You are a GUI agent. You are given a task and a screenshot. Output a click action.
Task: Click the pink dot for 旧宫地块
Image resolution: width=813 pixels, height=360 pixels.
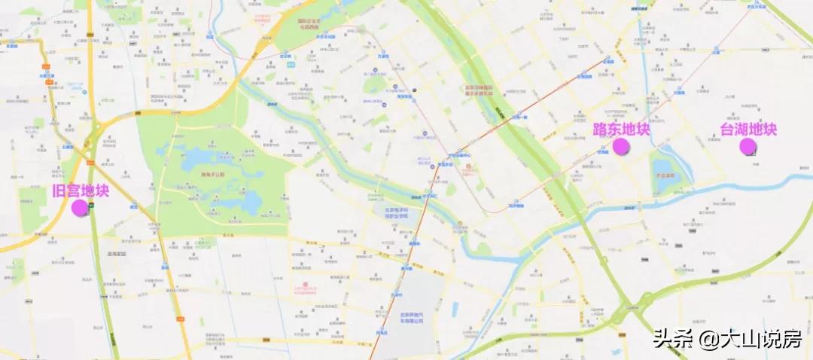(x=80, y=208)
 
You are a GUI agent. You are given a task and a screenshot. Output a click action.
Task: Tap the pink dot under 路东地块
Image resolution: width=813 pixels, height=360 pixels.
(x=620, y=146)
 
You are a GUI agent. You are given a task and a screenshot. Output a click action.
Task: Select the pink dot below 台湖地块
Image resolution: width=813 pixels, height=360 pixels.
(x=748, y=146)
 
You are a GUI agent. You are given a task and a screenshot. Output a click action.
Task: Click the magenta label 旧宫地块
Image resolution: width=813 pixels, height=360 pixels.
(x=81, y=191)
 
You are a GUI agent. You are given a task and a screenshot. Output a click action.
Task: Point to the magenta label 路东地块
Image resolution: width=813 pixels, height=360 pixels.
(x=621, y=130)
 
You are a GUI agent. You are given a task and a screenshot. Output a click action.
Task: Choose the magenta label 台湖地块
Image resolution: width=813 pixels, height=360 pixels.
(x=748, y=130)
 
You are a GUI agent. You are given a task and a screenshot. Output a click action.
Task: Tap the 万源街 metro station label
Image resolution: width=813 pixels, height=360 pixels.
(x=382, y=56)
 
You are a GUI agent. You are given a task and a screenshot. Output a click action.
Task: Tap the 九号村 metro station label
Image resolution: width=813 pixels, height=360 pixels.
(x=397, y=294)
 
